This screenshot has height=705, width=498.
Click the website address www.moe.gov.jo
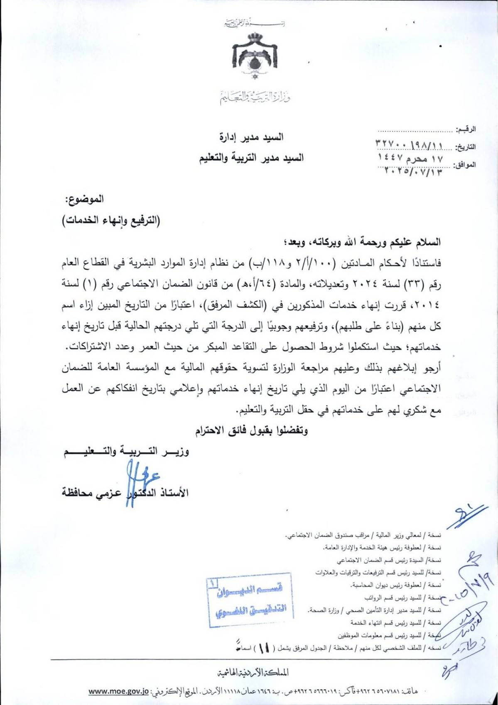(118, 692)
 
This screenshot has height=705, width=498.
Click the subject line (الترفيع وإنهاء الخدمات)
(111, 220)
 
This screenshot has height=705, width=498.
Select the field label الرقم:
(466, 130)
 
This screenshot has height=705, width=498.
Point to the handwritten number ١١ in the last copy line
(264, 648)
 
